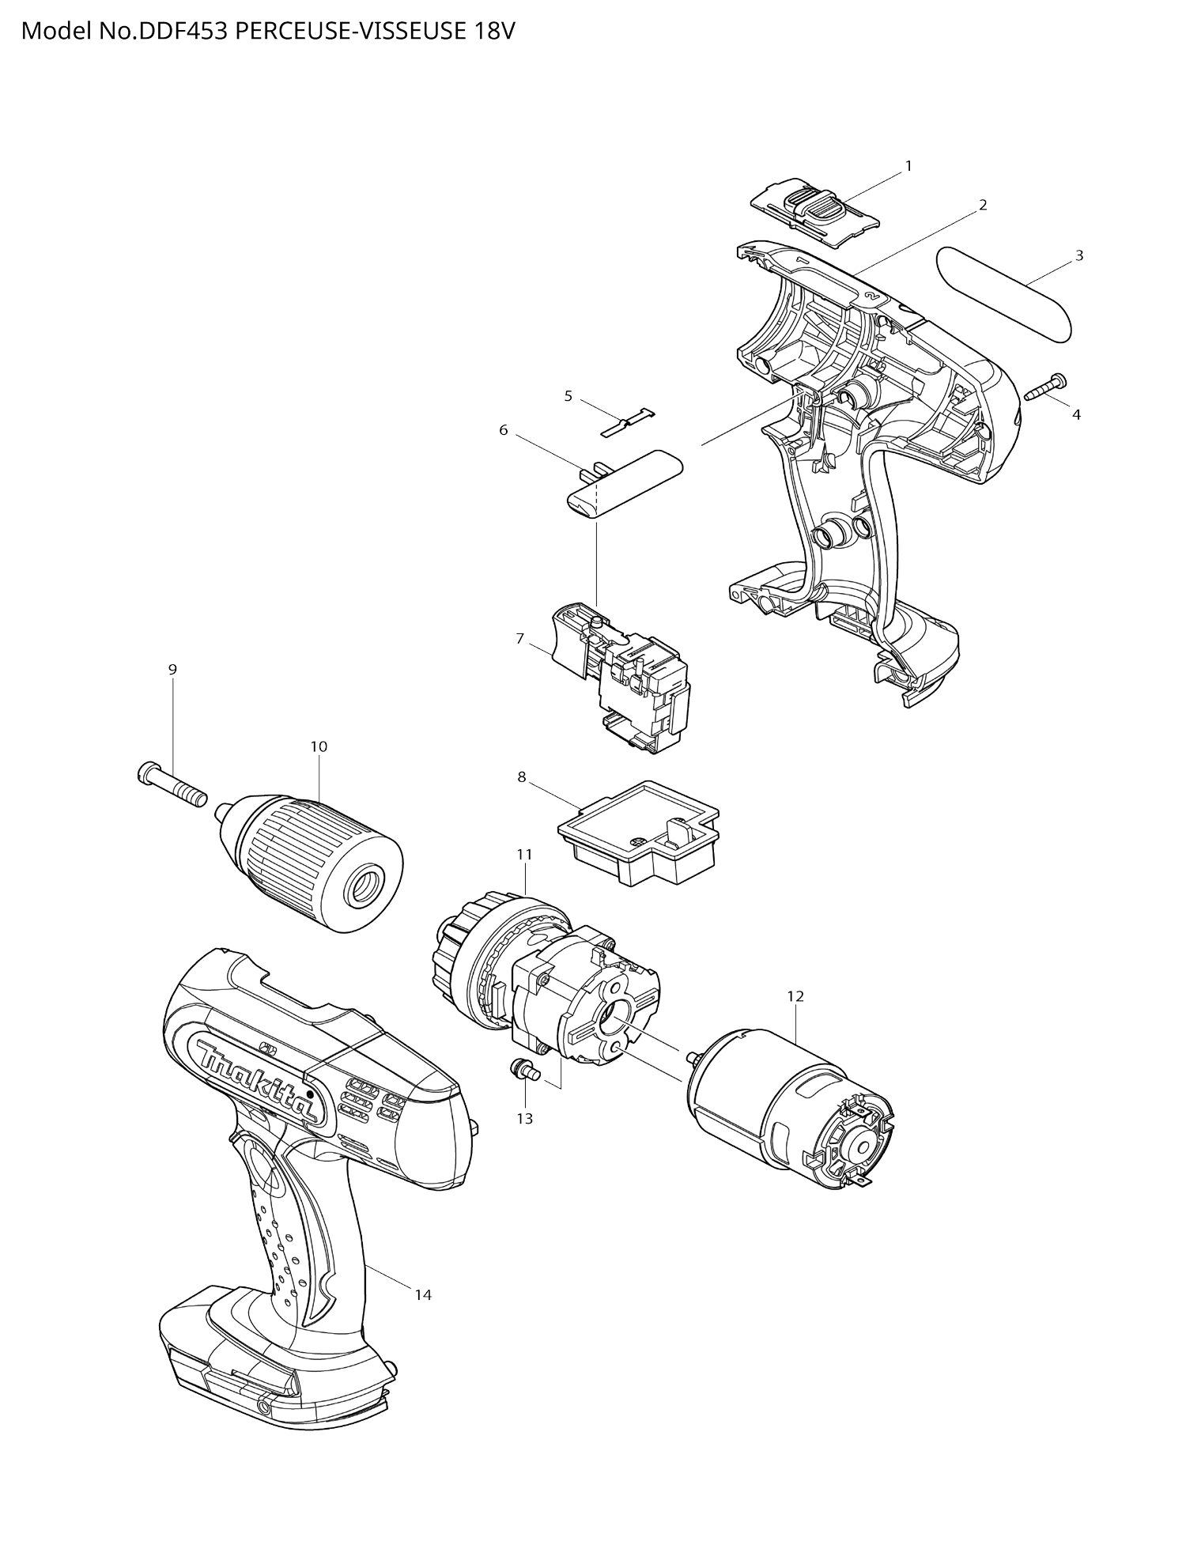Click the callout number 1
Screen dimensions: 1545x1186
(x=908, y=166)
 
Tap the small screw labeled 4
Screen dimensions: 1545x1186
(x=1046, y=388)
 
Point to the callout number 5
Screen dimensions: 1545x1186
(x=568, y=396)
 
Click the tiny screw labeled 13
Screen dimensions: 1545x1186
(x=523, y=1071)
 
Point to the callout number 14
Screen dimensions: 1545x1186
(x=423, y=1294)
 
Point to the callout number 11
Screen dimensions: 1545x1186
(x=525, y=855)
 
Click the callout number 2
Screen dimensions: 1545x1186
(x=983, y=206)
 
